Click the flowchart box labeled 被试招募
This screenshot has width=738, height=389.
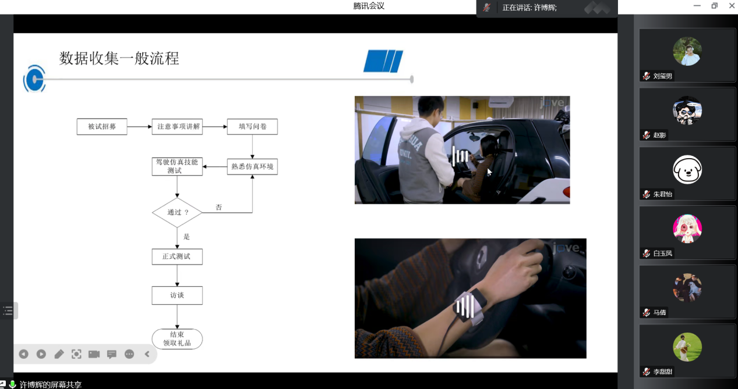(102, 127)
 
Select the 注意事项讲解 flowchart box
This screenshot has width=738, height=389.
(177, 127)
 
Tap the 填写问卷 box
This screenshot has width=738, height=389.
(252, 127)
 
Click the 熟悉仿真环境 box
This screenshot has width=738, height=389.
(252, 167)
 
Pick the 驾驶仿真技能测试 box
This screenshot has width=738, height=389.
(177, 166)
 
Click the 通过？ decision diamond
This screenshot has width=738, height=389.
(177, 212)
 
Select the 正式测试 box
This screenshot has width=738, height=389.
(177, 256)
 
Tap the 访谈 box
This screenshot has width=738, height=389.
(177, 295)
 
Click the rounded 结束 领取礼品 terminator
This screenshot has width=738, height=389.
(177, 338)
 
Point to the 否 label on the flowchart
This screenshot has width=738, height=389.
(219, 207)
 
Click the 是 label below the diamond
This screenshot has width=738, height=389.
(186, 237)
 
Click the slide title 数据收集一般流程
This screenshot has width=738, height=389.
(119, 59)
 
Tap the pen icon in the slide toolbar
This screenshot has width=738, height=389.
(59, 354)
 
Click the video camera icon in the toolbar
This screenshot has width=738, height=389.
(94, 354)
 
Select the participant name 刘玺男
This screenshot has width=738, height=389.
(662, 76)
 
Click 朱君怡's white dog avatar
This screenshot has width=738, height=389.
(687, 170)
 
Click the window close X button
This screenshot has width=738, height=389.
(732, 6)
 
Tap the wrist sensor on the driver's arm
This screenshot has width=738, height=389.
(469, 308)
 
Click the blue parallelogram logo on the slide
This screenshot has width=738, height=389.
(383, 61)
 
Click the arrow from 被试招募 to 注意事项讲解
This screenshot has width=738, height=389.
(139, 127)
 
